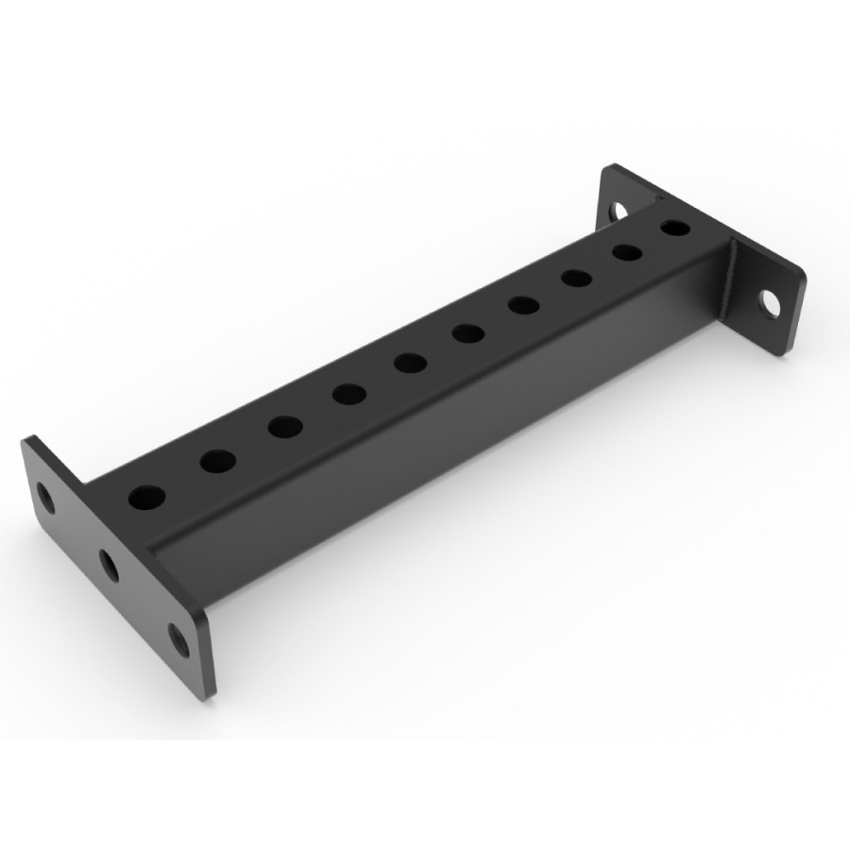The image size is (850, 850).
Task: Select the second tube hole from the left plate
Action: [217, 461]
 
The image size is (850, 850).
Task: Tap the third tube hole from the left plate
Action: [284, 426]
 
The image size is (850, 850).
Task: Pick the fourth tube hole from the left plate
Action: [348, 393]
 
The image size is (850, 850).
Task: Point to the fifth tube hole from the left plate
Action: [409, 362]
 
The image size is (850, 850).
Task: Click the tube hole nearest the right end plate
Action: [674, 228]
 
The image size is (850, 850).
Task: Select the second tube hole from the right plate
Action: [626, 252]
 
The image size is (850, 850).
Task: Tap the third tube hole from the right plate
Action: [575, 278]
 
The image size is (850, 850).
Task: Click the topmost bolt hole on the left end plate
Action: [44, 497]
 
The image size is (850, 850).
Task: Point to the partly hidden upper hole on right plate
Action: [620, 208]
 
